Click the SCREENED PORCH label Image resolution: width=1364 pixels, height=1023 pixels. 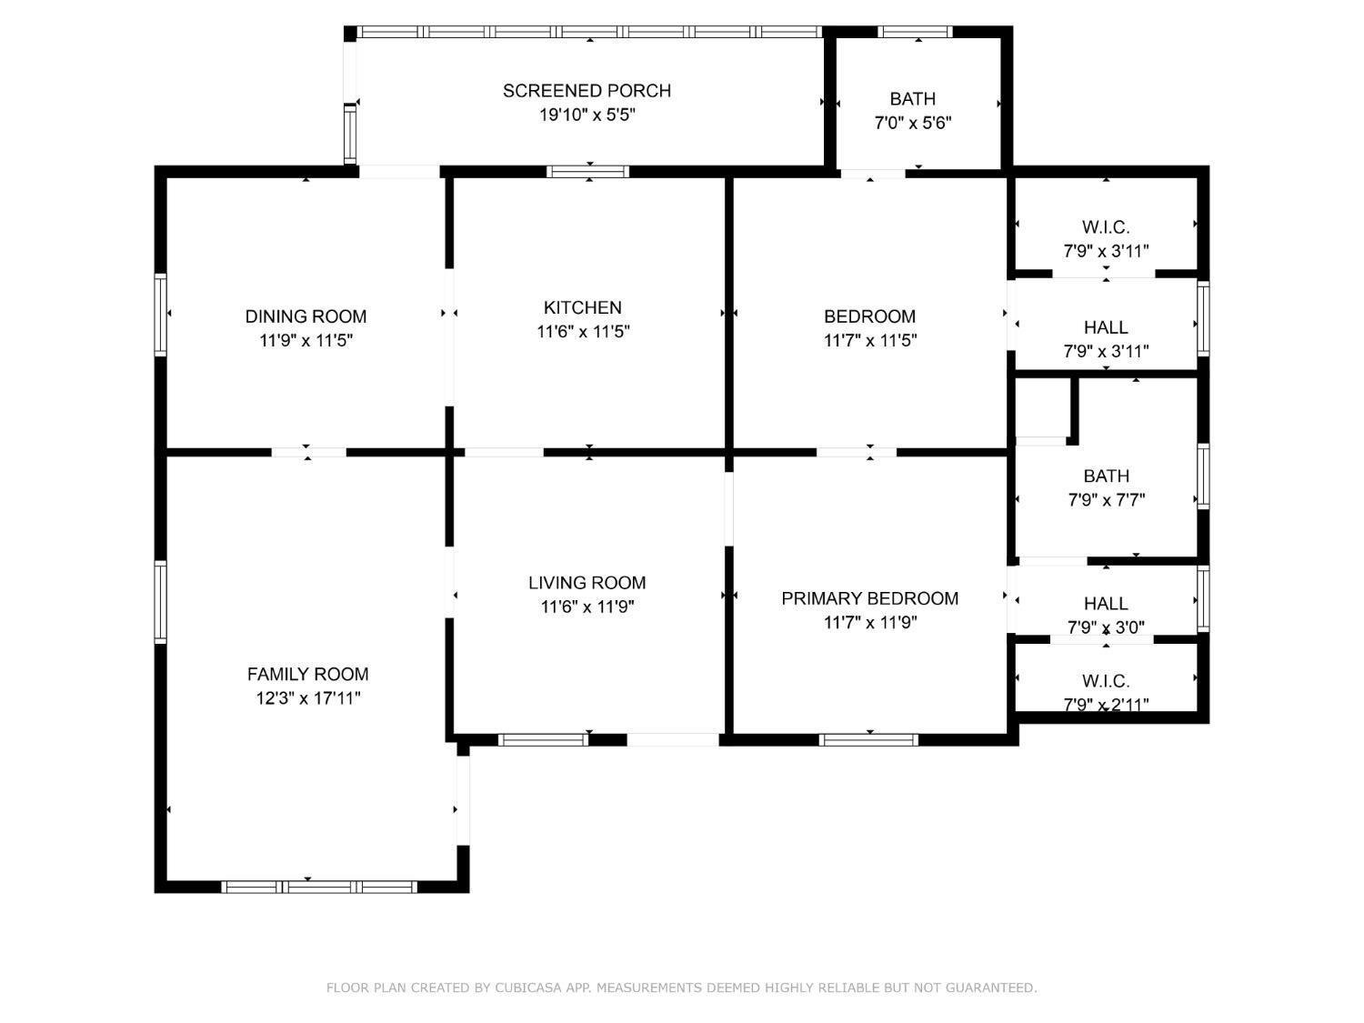click(x=587, y=91)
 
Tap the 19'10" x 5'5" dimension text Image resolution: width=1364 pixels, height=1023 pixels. click(x=587, y=115)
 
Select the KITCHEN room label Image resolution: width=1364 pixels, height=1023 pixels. click(x=583, y=307)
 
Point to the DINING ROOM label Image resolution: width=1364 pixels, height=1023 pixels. click(x=306, y=316)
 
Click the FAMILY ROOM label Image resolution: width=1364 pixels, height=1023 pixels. click(x=307, y=674)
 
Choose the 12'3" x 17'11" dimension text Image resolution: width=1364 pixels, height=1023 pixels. click(x=307, y=698)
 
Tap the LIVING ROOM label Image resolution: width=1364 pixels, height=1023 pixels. click(x=587, y=583)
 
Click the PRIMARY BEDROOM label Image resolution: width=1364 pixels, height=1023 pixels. click(x=869, y=598)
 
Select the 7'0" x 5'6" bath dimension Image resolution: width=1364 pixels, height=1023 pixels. click(x=912, y=123)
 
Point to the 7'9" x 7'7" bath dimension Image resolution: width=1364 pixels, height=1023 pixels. click(x=1106, y=500)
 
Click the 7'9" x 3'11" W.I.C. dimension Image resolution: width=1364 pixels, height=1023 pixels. click(x=1106, y=251)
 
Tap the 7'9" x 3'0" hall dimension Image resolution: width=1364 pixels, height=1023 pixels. click(x=1106, y=627)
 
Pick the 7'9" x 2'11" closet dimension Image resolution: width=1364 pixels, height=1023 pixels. click(x=1106, y=704)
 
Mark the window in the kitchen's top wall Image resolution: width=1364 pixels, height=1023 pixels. click(x=587, y=171)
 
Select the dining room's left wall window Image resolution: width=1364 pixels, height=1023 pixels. click(x=161, y=314)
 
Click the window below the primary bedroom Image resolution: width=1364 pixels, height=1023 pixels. click(x=869, y=740)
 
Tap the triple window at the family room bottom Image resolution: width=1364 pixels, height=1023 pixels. click(x=319, y=887)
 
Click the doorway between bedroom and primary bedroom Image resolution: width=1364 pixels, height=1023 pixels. click(x=856, y=452)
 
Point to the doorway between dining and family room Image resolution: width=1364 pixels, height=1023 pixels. click(x=308, y=452)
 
